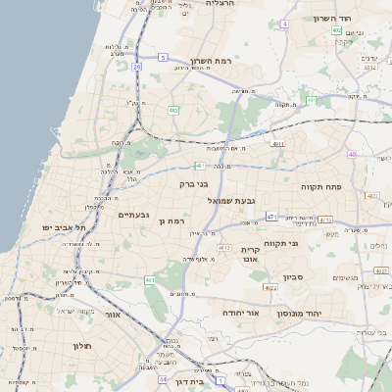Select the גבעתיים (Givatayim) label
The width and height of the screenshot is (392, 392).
[132, 215]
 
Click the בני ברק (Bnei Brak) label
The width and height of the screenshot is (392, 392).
[194, 183]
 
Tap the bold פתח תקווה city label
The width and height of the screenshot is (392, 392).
[319, 184]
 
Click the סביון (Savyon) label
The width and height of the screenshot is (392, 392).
[294, 277]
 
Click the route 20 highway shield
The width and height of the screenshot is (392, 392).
[137, 67]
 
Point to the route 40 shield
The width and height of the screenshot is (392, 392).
[352, 154]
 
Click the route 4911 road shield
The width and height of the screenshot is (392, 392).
[279, 144]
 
